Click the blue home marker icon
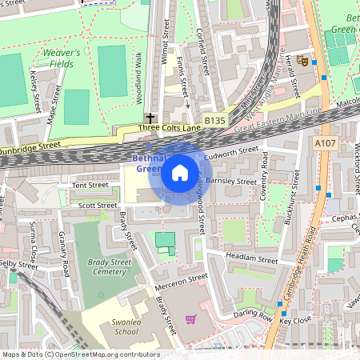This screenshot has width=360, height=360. pos(180,172)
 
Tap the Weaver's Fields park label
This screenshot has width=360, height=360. pos(61,58)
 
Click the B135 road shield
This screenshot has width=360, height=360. pos(214,121)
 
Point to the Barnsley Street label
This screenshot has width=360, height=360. pos(230,182)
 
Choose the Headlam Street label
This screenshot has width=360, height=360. pos(251,259)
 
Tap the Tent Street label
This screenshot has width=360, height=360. pos(90,185)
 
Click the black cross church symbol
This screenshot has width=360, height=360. pos(150,118)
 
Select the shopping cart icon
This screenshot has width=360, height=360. pos(190,319)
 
